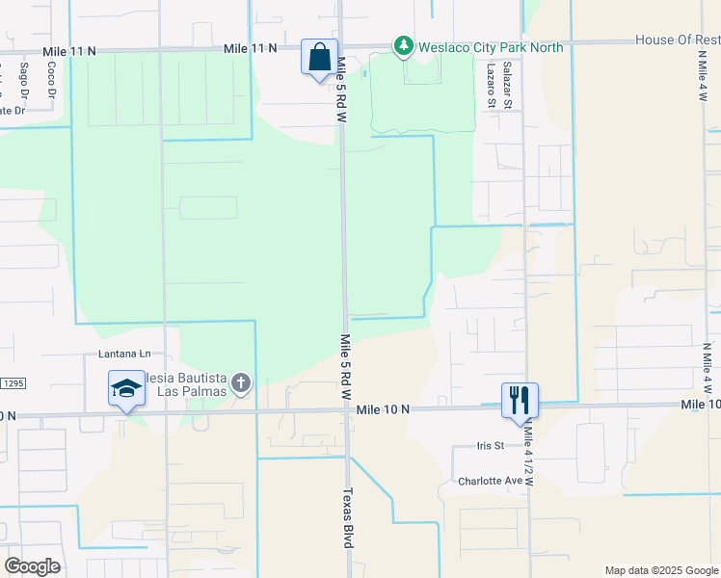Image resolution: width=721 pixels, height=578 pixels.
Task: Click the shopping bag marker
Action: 319,58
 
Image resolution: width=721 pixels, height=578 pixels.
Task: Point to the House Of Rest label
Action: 677,39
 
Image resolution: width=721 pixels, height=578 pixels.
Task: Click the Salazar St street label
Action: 506,82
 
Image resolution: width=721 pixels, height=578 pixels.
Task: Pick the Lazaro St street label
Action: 492,84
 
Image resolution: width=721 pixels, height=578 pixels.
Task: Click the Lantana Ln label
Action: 124,354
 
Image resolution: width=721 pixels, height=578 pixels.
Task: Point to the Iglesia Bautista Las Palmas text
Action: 184,383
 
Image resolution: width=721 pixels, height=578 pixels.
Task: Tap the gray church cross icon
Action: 241,384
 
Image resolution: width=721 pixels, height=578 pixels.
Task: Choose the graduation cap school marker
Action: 126,389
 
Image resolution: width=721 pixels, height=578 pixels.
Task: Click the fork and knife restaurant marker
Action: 520,401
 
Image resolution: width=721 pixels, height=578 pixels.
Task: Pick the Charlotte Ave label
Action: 489,481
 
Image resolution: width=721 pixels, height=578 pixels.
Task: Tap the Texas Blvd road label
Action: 349,518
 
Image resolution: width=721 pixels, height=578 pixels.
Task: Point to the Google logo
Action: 32,565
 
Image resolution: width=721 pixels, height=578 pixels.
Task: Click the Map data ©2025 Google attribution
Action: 661,570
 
